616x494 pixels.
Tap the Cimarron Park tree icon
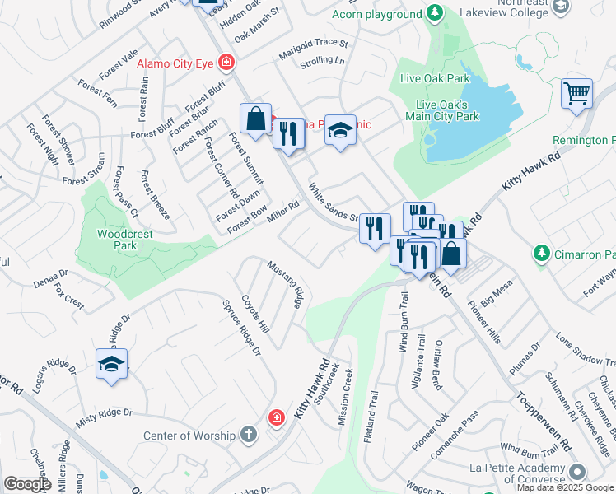coord(541,254)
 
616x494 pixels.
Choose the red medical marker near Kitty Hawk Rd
coord(277,419)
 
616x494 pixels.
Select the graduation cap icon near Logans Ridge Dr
coord(111,365)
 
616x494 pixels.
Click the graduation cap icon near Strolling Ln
coord(339,131)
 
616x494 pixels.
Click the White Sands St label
coord(333,203)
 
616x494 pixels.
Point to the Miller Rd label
coord(282,209)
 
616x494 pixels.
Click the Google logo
coord(27,484)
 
